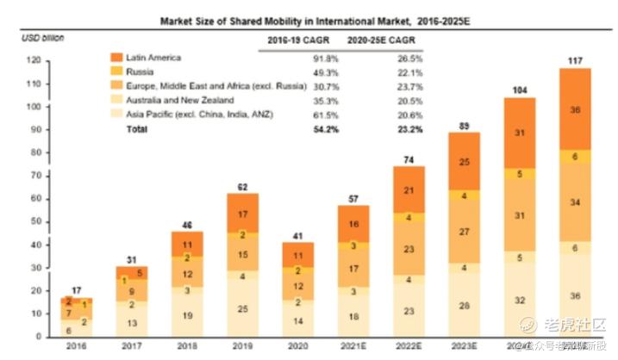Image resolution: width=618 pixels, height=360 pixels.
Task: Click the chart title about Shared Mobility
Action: tap(307, 18)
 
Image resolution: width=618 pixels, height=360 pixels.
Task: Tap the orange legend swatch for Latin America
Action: tap(116, 58)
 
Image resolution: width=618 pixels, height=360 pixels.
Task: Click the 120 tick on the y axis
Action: tap(34, 60)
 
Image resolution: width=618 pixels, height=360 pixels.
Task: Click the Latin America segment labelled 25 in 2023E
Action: tap(465, 161)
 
